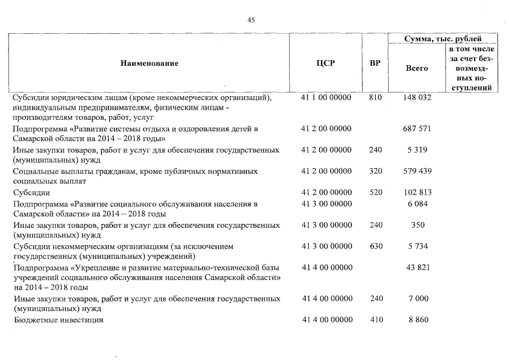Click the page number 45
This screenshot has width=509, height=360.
coord(251,20)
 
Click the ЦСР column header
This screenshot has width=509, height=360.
coord(326,64)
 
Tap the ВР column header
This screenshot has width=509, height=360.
coord(375,64)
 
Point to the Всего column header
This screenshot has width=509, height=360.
coord(417,68)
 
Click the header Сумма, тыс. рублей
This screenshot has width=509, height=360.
coord(443,39)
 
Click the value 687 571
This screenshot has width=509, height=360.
coord(417,129)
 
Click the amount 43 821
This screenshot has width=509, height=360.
coord(417,267)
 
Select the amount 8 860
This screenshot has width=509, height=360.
coord(417,319)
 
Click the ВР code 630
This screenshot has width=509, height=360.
coord(376,246)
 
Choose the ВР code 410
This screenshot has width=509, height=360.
coord(376,319)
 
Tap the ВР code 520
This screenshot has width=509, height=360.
coord(376,192)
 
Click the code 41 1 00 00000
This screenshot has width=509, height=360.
coord(326,98)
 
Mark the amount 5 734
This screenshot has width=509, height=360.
coord(417,246)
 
